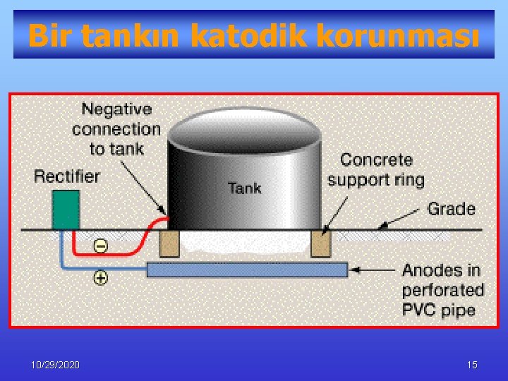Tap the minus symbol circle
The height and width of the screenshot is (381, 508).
tap(101, 246)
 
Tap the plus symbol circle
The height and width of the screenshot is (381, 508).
tap(101, 278)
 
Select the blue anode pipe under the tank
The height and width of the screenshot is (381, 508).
tap(247, 270)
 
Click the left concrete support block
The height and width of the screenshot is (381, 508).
tap(169, 244)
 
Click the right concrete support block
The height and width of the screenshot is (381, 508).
tap(321, 244)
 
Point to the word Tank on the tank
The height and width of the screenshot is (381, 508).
tap(244, 188)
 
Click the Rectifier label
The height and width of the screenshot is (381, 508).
tap(67, 176)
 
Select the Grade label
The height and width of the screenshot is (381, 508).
tap(452, 209)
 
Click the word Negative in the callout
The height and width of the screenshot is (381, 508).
tap(117, 109)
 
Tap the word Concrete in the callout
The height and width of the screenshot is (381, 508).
tap(377, 160)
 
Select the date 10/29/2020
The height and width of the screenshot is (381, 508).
tap(56, 365)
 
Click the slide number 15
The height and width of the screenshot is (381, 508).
tap(472, 365)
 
